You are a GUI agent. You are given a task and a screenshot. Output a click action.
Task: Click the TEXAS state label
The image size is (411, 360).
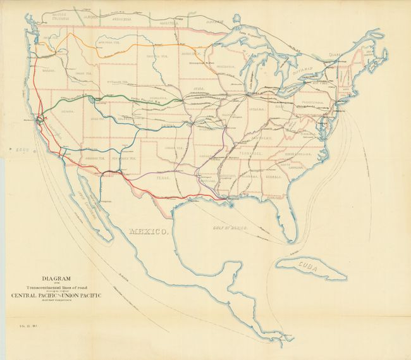164,179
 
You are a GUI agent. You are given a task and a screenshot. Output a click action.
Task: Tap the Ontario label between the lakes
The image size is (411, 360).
305,73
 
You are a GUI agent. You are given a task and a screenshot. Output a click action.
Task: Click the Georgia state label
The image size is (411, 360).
274,177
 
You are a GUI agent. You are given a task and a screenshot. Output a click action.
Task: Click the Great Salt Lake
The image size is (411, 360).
94,99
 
